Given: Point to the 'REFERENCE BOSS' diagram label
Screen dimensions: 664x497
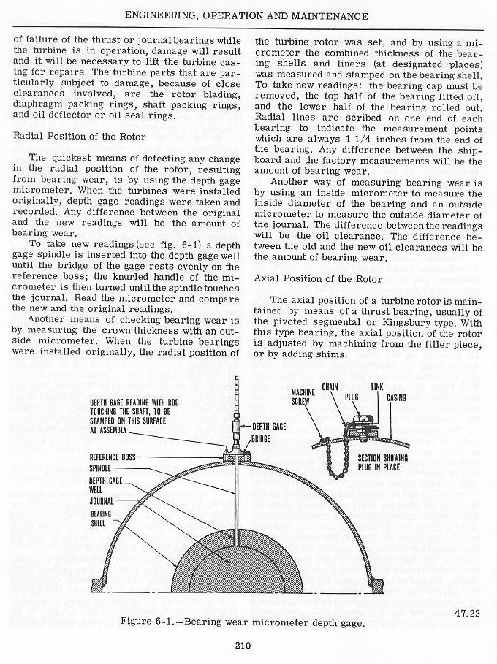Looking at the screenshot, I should click(113, 457).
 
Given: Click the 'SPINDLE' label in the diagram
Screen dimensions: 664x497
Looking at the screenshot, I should click(101, 468).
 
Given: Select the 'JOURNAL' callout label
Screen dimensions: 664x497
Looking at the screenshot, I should click(102, 503).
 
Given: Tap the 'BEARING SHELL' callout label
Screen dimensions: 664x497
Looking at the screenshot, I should click(102, 519).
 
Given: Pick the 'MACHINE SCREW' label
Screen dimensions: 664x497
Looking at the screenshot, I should click(302, 395).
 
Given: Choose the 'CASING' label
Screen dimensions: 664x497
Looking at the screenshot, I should click(398, 398).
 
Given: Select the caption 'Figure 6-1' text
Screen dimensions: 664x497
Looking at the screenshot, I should click(146, 621).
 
